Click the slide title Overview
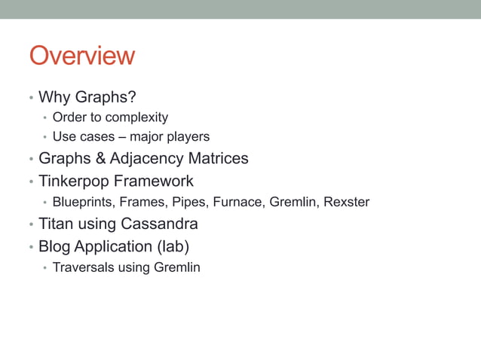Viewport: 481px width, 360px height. click(81, 56)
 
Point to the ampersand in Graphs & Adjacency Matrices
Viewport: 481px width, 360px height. click(100, 159)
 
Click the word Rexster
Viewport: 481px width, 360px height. click(346, 203)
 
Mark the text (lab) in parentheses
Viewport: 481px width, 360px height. click(172, 247)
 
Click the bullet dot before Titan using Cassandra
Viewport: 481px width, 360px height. click(31, 225)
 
